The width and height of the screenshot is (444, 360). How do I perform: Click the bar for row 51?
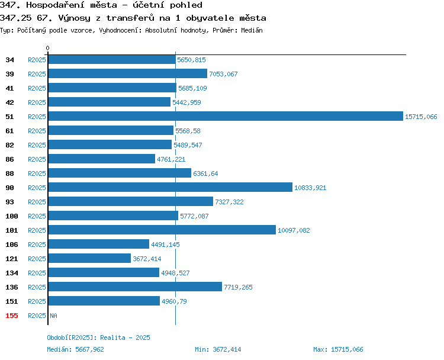[226, 117]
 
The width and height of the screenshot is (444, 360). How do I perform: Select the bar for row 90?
[170, 188]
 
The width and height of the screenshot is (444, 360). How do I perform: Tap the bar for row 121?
[90, 259]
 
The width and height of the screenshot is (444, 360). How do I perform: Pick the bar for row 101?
[162, 230]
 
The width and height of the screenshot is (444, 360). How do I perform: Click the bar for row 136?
[136, 287]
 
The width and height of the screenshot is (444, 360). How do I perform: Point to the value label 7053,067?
[223, 74]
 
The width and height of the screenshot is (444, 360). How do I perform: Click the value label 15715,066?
[421, 117]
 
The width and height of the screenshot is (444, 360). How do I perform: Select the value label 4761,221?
[171, 159]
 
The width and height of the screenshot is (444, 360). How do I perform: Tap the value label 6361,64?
[205, 173]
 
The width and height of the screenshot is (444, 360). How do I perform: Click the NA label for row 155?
[53, 316]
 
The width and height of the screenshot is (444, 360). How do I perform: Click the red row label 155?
[12, 316]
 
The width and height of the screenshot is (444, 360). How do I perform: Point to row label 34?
[9, 60]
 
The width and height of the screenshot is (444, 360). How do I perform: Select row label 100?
[12, 216]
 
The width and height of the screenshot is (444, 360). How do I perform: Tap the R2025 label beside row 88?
[37, 173]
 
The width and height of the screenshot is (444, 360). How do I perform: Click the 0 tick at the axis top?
[47, 48]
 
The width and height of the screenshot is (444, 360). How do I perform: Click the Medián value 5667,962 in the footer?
[90, 349]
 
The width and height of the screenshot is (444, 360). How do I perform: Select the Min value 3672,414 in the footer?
[227, 349]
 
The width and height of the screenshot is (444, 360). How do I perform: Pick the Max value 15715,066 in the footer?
[347, 349]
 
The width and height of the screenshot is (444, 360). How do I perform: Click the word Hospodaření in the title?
[72, 5]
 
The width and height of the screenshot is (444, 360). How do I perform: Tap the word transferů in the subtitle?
[130, 18]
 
